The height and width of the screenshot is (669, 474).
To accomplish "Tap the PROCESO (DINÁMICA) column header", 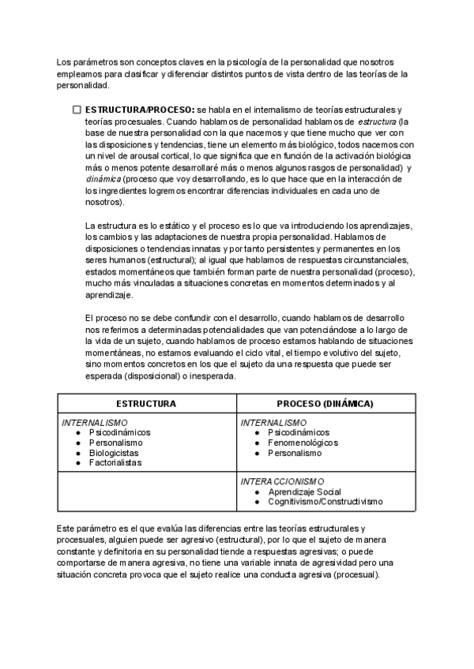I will tap(325, 403).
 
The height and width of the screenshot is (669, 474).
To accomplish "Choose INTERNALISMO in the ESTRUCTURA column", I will tap(95, 423).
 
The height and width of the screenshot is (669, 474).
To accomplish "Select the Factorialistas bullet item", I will tap(115, 464).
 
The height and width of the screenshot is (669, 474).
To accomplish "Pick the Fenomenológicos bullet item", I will tap(303, 443).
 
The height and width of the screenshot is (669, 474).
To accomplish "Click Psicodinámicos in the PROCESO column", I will tap(299, 433).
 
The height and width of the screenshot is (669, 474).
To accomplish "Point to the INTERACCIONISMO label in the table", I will tap(283, 481).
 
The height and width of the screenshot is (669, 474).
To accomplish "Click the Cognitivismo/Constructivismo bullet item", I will tap(325, 501).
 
